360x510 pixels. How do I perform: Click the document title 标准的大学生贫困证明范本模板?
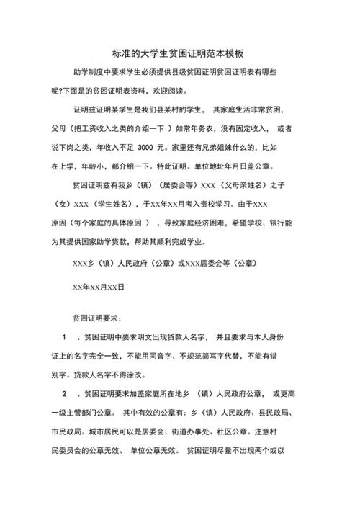[x=179, y=53]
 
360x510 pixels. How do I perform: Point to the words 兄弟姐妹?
[x=229, y=147]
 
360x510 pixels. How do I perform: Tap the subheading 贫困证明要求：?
[x=97, y=318]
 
